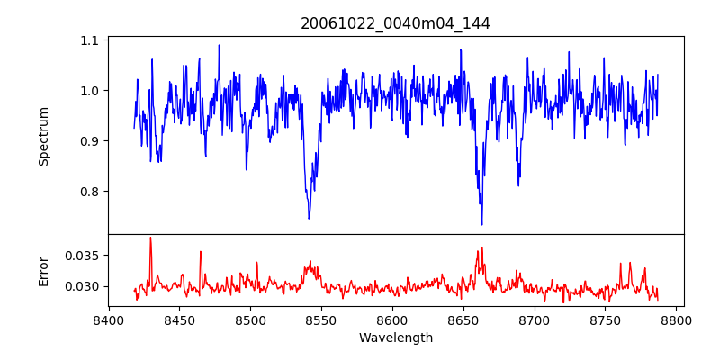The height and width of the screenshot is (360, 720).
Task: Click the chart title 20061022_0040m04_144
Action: [395, 23]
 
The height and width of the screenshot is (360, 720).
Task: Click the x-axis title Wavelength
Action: [395, 337]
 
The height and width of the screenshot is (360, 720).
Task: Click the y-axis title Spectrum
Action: [43, 136]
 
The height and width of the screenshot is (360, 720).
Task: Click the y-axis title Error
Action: [43, 270]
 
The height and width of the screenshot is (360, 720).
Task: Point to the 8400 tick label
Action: [109, 319]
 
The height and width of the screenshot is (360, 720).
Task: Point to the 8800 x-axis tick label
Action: [677, 319]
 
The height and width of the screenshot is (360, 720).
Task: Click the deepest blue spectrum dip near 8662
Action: [481, 224]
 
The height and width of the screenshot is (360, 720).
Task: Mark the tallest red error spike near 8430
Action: [150, 238]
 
